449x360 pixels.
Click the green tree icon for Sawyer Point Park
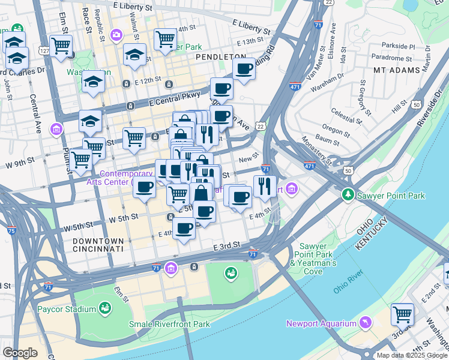click(348, 195)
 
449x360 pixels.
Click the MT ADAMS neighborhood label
click(396, 70)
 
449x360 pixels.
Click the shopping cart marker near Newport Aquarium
click(402, 313)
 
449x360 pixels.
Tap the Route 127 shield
click(44, 52)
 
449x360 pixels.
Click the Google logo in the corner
click(20, 353)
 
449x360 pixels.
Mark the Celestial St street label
click(345, 113)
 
